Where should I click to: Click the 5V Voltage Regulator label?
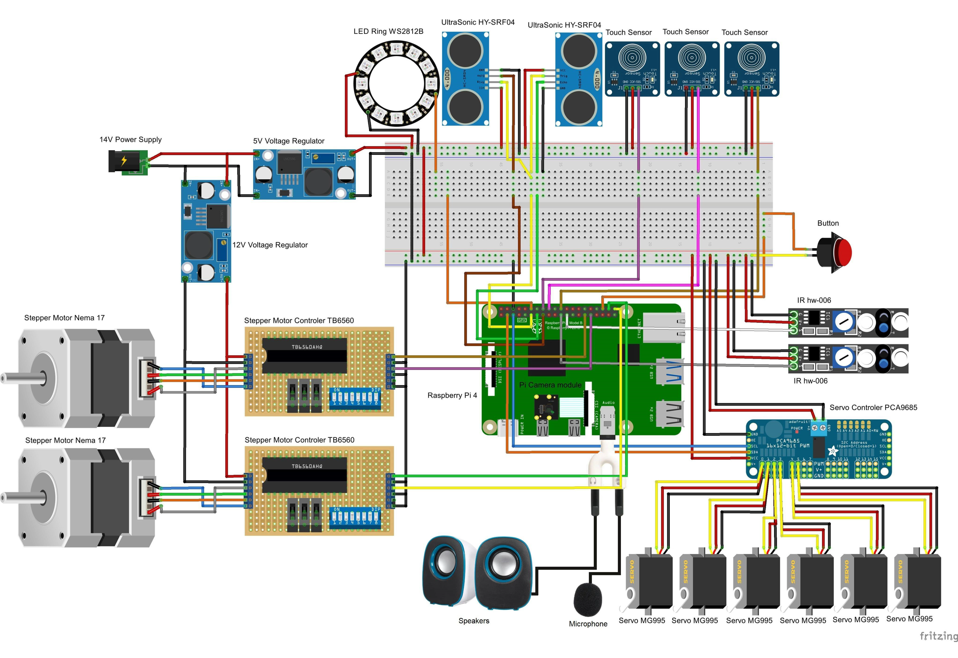point(289,141)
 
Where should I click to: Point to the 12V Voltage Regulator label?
point(270,245)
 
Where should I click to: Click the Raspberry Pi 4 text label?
point(452,395)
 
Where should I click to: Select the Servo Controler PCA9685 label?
point(873,407)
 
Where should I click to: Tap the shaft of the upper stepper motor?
point(21,378)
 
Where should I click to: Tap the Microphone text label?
point(588,624)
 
